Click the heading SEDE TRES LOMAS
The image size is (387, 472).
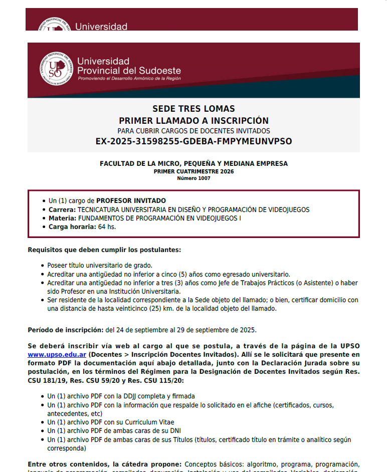[x=193, y=109]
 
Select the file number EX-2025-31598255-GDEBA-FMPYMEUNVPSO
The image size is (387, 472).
[x=193, y=141]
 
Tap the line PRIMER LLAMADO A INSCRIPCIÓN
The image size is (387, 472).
[x=193, y=120]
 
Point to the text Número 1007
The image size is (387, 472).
[x=193, y=178]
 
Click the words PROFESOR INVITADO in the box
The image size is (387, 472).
[x=131, y=201]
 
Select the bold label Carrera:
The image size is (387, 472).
[x=62, y=209]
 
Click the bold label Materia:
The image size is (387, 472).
[x=62, y=218]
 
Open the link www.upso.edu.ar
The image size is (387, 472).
[x=57, y=355]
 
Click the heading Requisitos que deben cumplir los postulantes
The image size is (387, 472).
[x=104, y=250]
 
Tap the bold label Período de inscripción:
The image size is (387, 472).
[x=66, y=330]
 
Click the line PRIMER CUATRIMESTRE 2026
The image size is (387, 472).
[x=193, y=171]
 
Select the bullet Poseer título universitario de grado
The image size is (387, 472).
[x=100, y=266]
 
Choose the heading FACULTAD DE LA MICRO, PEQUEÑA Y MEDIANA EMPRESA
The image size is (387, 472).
[x=193, y=164]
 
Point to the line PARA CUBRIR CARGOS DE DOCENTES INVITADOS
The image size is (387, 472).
[x=193, y=131]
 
